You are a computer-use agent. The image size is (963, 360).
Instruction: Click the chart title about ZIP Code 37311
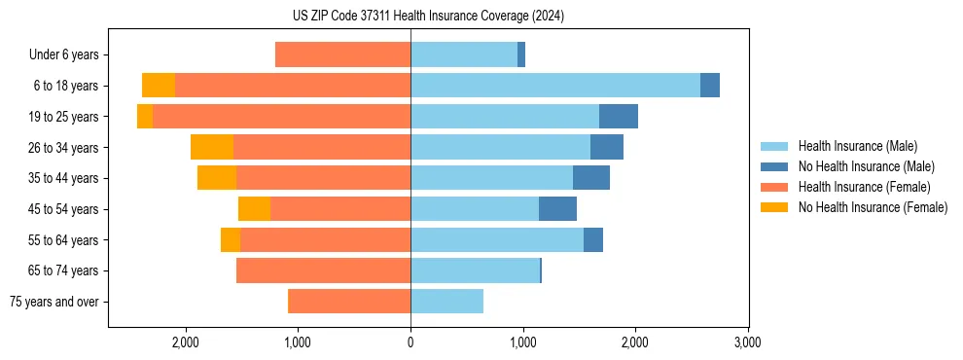[428, 17]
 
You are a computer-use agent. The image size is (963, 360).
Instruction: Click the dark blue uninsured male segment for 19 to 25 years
[618, 117]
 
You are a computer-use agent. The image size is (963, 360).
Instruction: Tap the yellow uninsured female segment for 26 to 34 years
[212, 147]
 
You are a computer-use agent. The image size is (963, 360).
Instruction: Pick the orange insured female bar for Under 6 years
[342, 54]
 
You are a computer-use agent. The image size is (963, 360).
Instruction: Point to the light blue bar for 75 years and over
[446, 302]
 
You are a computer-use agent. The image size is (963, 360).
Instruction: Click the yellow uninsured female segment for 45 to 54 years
[254, 209]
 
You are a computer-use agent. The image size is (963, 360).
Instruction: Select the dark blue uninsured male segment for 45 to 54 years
[557, 209]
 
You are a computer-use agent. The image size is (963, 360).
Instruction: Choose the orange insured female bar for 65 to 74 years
[323, 270]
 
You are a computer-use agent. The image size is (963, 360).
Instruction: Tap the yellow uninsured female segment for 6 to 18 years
[159, 86]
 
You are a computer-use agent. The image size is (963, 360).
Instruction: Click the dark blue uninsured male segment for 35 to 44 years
[590, 178]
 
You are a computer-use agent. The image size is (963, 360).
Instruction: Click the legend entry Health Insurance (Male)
[857, 146]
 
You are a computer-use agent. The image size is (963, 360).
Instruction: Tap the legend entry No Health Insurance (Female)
[873, 207]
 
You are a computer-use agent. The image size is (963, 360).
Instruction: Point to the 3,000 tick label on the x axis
[747, 342]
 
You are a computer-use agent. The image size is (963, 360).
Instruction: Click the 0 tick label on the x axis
[410, 342]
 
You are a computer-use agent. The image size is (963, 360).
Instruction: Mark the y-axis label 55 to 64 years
[63, 240]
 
